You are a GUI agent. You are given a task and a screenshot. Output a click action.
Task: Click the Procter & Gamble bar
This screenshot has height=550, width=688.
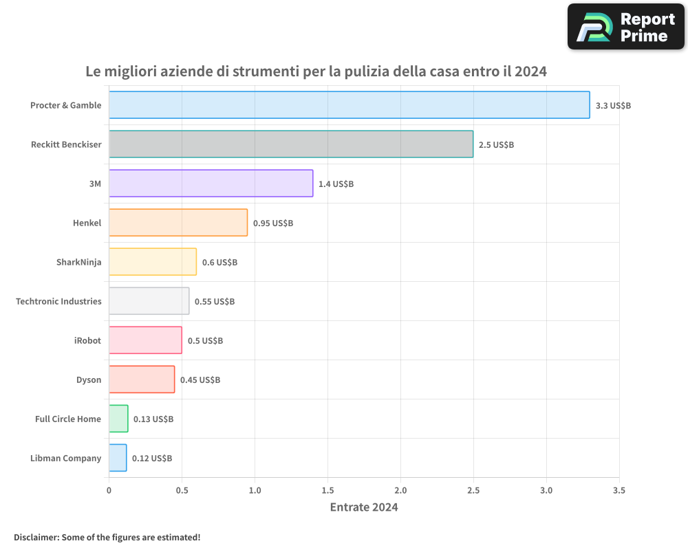349,105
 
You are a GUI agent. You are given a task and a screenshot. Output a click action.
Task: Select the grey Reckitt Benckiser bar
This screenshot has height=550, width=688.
291,144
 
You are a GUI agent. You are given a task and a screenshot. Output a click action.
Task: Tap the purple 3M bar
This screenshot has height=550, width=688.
211,184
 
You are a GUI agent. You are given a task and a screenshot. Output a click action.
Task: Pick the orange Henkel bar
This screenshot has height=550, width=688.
178,223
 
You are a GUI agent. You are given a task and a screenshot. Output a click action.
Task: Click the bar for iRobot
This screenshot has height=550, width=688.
145,340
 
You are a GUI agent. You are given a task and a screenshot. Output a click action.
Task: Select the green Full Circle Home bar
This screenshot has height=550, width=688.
118,419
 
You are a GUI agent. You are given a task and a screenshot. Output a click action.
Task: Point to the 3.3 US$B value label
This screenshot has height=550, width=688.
613,106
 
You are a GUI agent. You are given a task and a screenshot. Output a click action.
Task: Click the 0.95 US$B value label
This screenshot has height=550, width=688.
273,223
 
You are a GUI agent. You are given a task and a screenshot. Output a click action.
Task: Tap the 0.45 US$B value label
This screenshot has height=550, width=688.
200,380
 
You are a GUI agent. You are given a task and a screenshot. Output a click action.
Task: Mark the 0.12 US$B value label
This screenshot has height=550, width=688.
152,459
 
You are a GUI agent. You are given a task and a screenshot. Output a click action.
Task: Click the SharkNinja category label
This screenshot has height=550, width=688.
78,262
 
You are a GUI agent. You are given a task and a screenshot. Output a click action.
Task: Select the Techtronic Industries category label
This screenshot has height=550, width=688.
58,301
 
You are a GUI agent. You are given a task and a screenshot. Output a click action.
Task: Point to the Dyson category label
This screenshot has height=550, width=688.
89,379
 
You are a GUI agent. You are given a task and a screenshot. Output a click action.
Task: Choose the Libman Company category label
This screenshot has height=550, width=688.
65,458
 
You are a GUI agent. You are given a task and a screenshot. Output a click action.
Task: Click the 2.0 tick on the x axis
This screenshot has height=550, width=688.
400,491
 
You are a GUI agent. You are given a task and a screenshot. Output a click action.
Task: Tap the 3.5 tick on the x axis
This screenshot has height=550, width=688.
619,491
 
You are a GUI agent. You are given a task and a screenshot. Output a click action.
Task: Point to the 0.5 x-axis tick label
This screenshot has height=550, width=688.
182,491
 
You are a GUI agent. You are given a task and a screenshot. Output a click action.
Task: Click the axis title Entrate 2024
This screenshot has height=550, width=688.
364,507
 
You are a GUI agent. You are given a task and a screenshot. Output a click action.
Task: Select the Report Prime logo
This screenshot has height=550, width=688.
625,27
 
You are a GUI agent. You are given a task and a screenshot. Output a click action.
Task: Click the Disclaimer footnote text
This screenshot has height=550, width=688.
107,537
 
